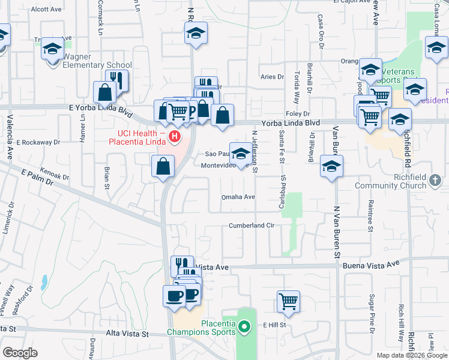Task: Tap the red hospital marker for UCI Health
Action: pos(175,137)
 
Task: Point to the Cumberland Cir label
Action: pos(251,226)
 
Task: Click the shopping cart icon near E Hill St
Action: pos(289,302)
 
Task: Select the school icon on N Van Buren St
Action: pos(331,166)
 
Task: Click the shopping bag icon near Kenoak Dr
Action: pos(163,167)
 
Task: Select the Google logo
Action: pos(20,353)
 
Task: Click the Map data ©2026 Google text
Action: pos(412,355)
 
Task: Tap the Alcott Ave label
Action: pos(46,10)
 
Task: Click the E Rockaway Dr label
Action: pos(38,143)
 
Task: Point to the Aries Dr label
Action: pos(271,77)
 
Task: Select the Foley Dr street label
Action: pos(297,113)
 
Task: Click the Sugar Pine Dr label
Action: pos(372,313)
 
